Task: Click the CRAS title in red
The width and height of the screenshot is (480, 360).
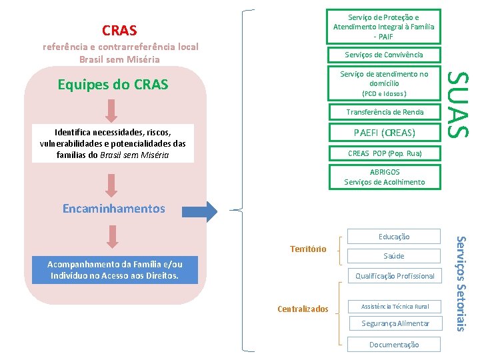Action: (119, 30)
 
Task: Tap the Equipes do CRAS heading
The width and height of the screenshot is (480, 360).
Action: (113, 85)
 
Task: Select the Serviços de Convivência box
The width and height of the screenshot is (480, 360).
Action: (383, 55)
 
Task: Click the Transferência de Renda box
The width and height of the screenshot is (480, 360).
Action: (383, 112)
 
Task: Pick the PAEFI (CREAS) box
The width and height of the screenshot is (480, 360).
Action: (383, 133)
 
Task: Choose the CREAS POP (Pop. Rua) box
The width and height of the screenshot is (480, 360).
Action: (383, 153)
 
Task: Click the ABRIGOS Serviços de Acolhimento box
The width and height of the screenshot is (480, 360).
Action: (383, 177)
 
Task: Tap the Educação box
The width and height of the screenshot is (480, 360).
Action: (394, 236)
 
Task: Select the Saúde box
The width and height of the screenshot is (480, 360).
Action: (394, 256)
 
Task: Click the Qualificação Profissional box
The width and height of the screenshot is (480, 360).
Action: (394, 276)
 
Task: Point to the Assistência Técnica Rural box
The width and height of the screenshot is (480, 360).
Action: (394, 307)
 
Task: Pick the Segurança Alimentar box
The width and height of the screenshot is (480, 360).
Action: (394, 324)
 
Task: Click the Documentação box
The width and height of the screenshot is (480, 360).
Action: (394, 345)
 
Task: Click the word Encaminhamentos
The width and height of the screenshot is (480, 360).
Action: (113, 209)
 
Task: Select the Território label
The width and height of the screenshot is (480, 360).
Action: (308, 249)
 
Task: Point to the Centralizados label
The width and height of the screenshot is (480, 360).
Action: (303, 309)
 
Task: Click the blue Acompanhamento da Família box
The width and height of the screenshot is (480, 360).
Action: (115, 270)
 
